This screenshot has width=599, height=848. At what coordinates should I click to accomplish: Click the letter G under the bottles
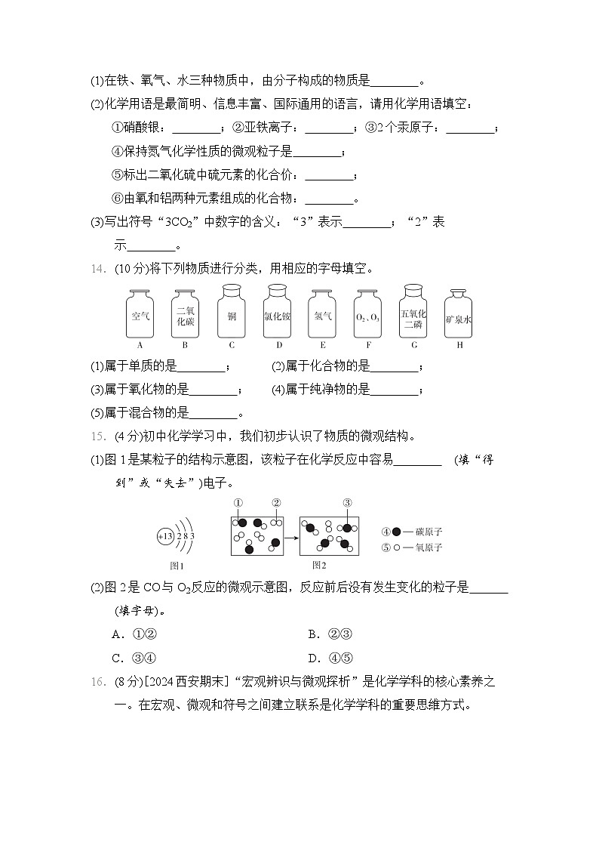[x=414, y=345]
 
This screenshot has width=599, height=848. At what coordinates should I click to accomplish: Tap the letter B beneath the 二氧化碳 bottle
[x=185, y=345]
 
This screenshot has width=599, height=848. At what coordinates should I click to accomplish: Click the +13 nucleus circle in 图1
[x=165, y=536]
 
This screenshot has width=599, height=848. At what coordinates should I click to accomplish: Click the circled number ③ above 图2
[x=347, y=503]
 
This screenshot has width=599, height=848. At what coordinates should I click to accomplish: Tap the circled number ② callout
[x=276, y=503]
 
